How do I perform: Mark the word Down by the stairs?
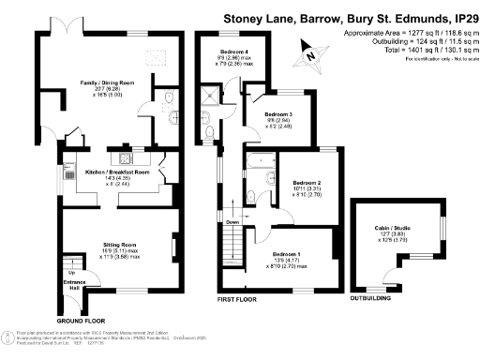tap(231, 222)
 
